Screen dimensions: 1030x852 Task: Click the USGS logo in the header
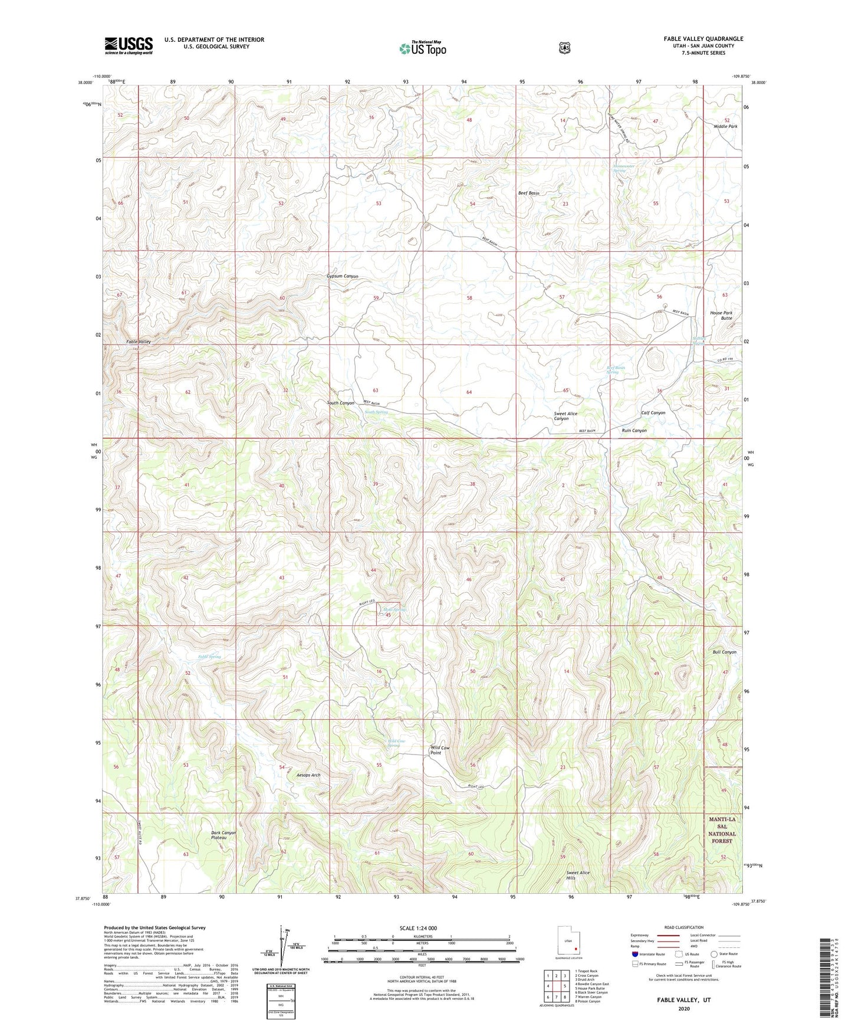129,45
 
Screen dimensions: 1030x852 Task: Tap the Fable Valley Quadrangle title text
703,39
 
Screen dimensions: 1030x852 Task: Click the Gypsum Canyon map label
343,276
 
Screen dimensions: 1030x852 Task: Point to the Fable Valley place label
139,342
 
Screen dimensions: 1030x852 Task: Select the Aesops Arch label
308,775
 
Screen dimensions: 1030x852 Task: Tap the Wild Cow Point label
440,750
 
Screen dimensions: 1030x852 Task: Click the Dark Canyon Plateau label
223,835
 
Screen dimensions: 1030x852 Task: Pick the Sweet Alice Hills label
578,875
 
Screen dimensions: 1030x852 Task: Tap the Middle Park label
725,126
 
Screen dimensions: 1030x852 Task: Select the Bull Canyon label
724,652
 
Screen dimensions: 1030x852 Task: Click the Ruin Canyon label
634,431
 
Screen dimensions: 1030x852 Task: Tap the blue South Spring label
376,412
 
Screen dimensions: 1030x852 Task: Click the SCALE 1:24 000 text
418,929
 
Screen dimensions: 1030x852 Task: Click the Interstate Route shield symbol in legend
634,953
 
